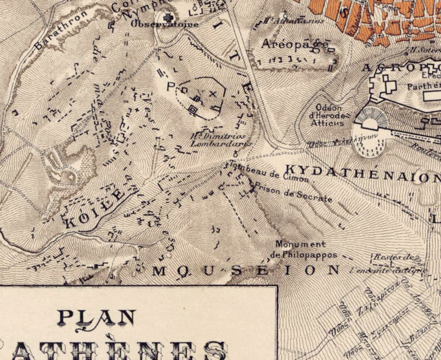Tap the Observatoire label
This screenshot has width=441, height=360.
(164, 24)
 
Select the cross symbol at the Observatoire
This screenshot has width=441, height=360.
(167, 17)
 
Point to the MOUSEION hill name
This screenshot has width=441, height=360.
(246, 270)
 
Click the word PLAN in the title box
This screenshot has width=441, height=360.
(96, 318)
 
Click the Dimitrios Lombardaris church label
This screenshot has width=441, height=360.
(219, 140)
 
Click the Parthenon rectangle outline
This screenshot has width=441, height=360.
(431, 96)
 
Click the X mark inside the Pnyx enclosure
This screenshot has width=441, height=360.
(212, 94)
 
